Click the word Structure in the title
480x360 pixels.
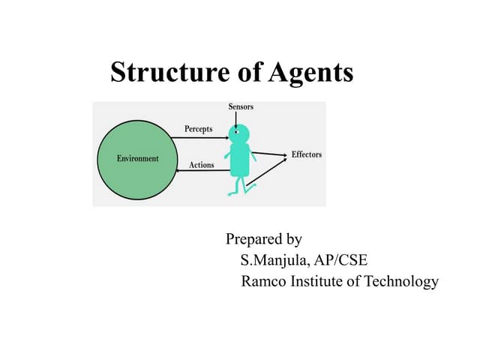[x=170, y=72]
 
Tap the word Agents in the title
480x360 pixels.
[x=311, y=73]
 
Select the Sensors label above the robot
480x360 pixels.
[x=241, y=106]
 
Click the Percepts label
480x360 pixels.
[x=198, y=129]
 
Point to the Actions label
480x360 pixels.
[x=202, y=165]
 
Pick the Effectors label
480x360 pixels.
[x=307, y=154]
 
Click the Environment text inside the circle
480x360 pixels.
[x=138, y=158]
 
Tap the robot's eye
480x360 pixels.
[x=236, y=132]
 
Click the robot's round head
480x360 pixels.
[x=239, y=133]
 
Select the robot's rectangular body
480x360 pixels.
[x=240, y=160]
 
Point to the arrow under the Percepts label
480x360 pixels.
[x=200, y=138]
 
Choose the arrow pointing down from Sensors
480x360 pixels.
[x=235, y=120]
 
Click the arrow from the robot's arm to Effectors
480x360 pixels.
[x=269, y=154]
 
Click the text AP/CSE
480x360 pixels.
[x=340, y=260]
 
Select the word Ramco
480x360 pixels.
[x=263, y=281]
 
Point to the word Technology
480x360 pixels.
[x=401, y=282]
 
